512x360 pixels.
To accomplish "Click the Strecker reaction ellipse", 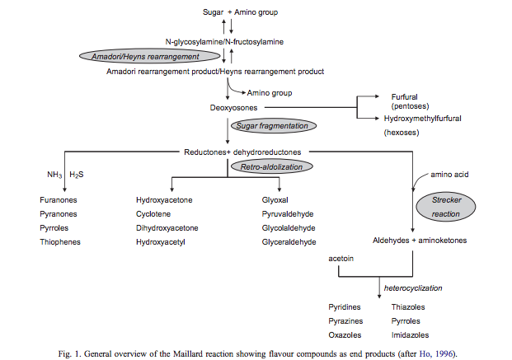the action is click(x=446, y=207).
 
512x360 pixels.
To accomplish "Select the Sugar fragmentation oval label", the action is click(x=274, y=126).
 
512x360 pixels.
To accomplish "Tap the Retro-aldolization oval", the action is click(x=272, y=166).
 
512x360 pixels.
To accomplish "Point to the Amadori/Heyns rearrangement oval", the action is click(x=150, y=56).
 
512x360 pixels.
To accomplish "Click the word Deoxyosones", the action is click(x=233, y=108).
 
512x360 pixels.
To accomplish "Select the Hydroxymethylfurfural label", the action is click(x=422, y=119).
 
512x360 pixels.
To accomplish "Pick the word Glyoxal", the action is click(x=275, y=200).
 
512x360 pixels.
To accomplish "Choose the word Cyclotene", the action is click(x=153, y=214).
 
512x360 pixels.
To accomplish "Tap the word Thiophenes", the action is click(x=60, y=242).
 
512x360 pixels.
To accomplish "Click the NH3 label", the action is click(x=54, y=175).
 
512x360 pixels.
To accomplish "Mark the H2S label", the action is click(x=77, y=175).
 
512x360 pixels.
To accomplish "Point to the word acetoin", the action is click(x=341, y=259).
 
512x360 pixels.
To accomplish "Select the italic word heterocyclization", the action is click(x=413, y=288).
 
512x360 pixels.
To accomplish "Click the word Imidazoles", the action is click(x=410, y=335).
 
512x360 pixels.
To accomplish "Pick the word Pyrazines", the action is click(x=345, y=321).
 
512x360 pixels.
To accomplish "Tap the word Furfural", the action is click(x=404, y=97).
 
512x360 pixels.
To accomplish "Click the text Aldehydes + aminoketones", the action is click(x=420, y=241).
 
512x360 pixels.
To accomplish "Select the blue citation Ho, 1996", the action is click(x=437, y=353).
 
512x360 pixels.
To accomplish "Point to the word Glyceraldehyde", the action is click(x=289, y=242).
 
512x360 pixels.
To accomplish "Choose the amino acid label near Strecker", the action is click(x=449, y=175).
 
